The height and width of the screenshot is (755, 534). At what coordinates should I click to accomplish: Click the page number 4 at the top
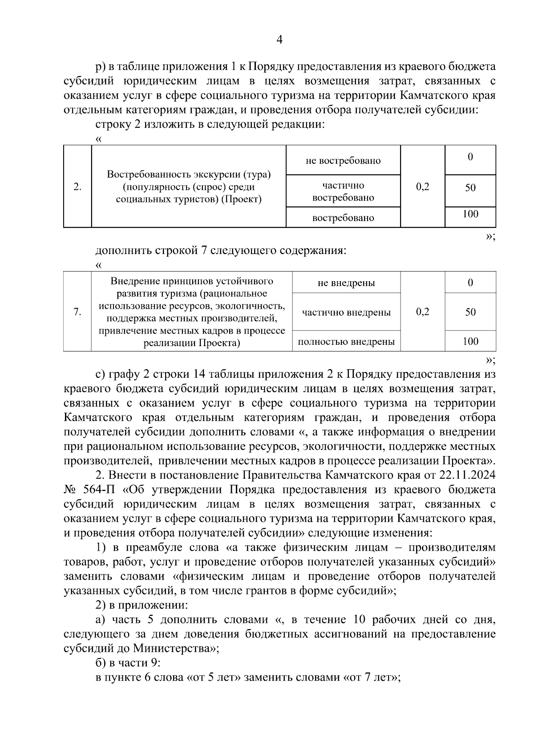pyautogui.click(x=279, y=40)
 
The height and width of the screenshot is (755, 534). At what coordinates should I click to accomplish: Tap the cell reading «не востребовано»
pyautogui.click(x=343, y=161)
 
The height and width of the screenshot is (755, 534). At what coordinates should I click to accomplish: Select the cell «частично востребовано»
pyautogui.click(x=343, y=191)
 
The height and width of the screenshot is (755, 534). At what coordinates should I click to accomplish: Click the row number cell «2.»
pyautogui.click(x=77, y=187)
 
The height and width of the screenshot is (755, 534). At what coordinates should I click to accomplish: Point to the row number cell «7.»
pyautogui.click(x=77, y=312)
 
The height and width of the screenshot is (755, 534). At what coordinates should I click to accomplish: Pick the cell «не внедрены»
pyautogui.click(x=346, y=283)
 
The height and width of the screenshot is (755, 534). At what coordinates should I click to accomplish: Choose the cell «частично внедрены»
pyautogui.click(x=346, y=312)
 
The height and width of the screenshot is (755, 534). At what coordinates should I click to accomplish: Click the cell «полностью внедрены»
pyautogui.click(x=346, y=342)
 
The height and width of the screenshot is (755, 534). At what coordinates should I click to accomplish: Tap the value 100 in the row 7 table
pyautogui.click(x=470, y=341)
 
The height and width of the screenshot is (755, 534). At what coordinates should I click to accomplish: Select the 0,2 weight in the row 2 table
pyautogui.click(x=422, y=187)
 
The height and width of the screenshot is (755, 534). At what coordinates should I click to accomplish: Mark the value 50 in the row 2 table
pyautogui.click(x=470, y=188)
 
